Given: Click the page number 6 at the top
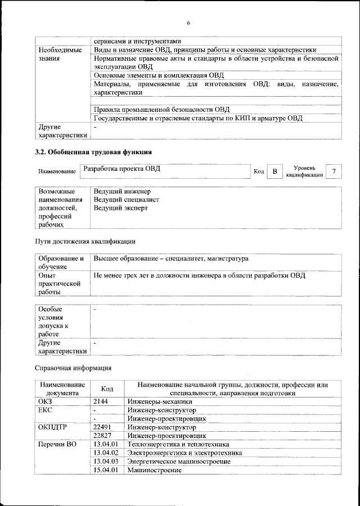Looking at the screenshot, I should point(189,23).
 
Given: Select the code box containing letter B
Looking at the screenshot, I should point(274,171).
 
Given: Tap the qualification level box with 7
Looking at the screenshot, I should point(335,171).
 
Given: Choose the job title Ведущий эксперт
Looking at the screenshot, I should point(120,207).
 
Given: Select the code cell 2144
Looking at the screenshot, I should point(101,401).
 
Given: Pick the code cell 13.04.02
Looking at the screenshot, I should point(106,453).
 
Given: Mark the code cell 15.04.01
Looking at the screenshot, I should point(106,469).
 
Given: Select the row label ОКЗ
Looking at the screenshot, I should point(45,401).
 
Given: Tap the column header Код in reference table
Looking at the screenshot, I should point(107,389).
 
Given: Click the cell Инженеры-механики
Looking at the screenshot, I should point(160,401).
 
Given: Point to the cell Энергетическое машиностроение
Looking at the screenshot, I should point(178,461).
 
